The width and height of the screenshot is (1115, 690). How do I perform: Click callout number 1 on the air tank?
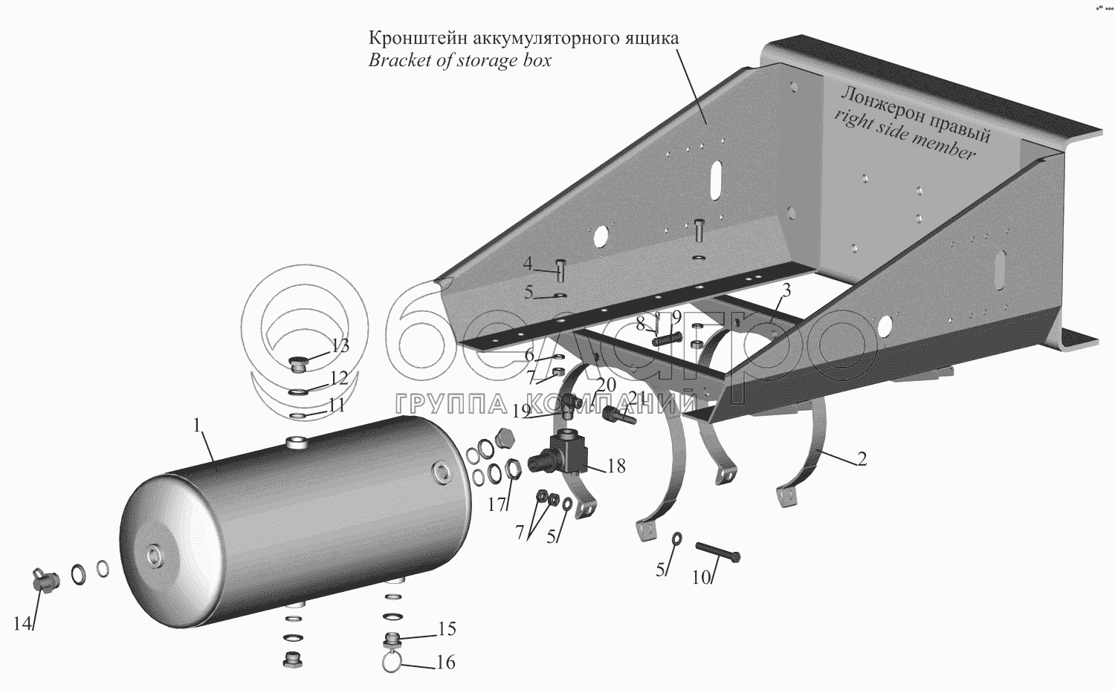pos(197,426)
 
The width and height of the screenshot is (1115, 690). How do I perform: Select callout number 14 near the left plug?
pos(22,624)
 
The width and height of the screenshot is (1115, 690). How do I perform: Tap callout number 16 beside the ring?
pos(445,662)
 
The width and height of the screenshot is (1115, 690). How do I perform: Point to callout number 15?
pos(446,629)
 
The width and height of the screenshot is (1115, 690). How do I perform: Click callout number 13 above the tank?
pos(340,346)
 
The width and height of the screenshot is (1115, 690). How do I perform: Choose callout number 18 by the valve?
pos(615,466)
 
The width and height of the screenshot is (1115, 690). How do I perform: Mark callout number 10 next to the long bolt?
pos(701,577)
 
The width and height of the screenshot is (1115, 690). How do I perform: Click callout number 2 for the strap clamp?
pos(861,459)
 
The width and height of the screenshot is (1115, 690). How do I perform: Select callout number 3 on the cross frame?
pos(786,291)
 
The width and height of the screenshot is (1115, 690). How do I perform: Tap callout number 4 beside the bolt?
pos(528,264)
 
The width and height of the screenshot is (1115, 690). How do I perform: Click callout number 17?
pos(497,505)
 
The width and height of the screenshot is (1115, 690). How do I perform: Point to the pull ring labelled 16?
pos(393,661)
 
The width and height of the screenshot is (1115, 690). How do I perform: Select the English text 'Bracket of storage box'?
pos(459,61)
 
